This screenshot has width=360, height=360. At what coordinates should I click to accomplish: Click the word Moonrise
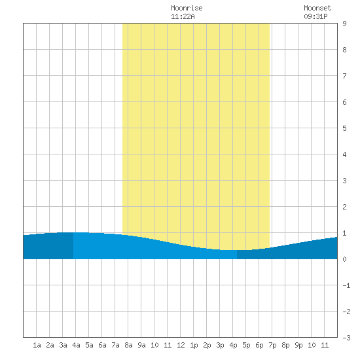(187, 8)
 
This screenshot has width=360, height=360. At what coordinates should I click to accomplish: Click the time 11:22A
(183, 16)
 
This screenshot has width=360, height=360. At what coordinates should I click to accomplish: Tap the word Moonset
(317, 8)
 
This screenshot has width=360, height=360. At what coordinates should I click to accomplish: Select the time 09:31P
(315, 16)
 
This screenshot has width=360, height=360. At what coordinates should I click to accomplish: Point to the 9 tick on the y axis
(344, 24)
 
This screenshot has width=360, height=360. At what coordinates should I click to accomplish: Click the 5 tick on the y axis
(344, 128)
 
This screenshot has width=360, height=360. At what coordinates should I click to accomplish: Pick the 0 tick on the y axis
(344, 259)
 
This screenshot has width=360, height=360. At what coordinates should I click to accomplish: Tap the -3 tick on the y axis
(346, 338)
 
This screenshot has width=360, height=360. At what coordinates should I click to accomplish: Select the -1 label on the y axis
(346, 285)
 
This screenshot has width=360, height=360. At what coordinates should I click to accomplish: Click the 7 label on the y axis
(344, 76)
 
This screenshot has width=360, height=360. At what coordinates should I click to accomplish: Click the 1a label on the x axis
(37, 345)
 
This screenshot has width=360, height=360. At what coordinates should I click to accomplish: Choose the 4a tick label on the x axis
(76, 345)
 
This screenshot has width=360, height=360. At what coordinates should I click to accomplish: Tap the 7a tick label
(115, 345)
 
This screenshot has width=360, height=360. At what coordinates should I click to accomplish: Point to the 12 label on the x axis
(181, 345)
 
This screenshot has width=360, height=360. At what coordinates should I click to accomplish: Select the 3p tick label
(220, 345)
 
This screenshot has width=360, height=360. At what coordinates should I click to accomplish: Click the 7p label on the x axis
(272, 345)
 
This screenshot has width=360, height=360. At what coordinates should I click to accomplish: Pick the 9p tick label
(298, 345)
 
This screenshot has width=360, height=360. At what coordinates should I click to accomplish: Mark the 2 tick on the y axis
(344, 207)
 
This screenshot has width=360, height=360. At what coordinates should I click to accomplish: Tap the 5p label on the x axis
(246, 345)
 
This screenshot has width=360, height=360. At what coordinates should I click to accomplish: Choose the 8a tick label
(128, 345)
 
